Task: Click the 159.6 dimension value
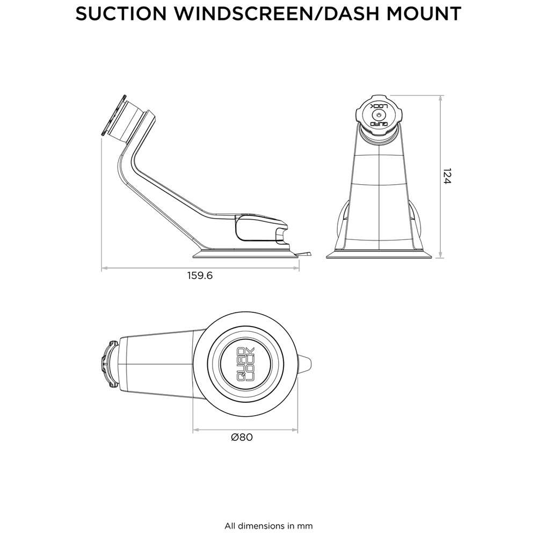tap(200, 276)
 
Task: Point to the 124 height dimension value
tap(447, 177)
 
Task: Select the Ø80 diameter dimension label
tap(242, 437)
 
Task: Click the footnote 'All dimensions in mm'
tap(268, 526)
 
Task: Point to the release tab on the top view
tap(305, 364)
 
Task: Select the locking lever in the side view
tap(258, 228)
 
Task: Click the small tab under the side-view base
tap(306, 253)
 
